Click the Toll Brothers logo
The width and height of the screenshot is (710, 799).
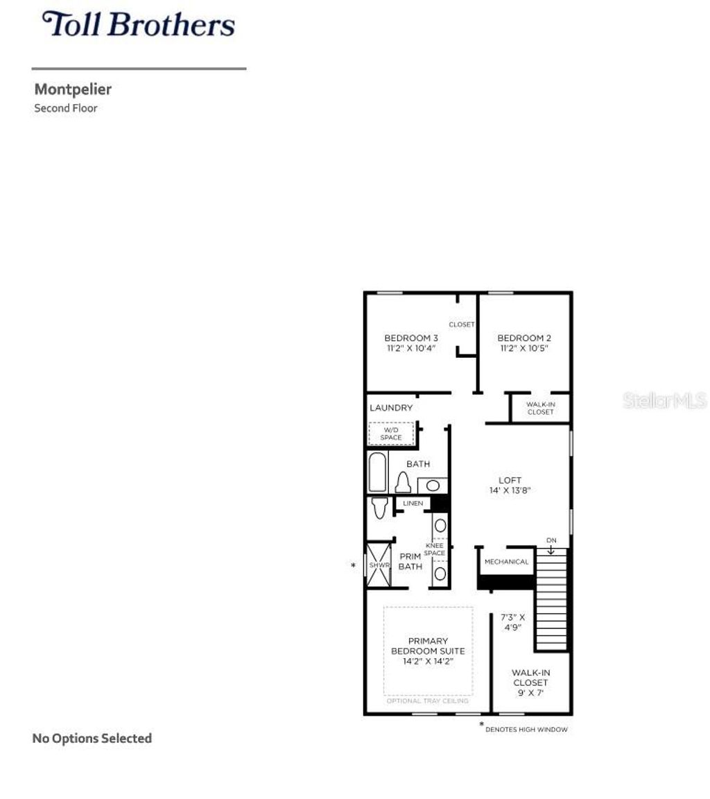(x=139, y=24)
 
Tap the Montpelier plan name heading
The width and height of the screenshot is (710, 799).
(x=73, y=89)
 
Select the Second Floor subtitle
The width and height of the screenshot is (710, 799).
(x=66, y=108)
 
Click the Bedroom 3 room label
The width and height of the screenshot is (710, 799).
(x=411, y=338)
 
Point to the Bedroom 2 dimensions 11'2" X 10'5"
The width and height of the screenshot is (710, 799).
(x=524, y=349)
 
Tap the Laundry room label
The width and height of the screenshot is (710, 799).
(x=391, y=408)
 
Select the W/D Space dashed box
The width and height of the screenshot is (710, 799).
(x=391, y=434)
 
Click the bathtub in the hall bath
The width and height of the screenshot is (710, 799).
(x=377, y=472)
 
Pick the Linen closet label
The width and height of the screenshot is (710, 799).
(x=413, y=504)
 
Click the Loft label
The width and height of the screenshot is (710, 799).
(x=510, y=480)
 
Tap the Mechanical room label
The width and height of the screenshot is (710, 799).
(x=506, y=562)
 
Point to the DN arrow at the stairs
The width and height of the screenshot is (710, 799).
(x=551, y=546)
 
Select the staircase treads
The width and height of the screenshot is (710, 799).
(x=552, y=600)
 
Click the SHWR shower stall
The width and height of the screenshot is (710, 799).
(x=379, y=565)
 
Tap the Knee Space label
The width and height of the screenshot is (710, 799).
(x=435, y=549)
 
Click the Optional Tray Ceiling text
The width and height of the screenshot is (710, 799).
(x=428, y=701)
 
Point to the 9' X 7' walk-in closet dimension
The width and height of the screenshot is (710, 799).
(x=530, y=693)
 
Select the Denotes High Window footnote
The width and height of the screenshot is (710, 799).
(x=526, y=730)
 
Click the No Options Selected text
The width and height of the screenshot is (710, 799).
(x=92, y=739)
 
